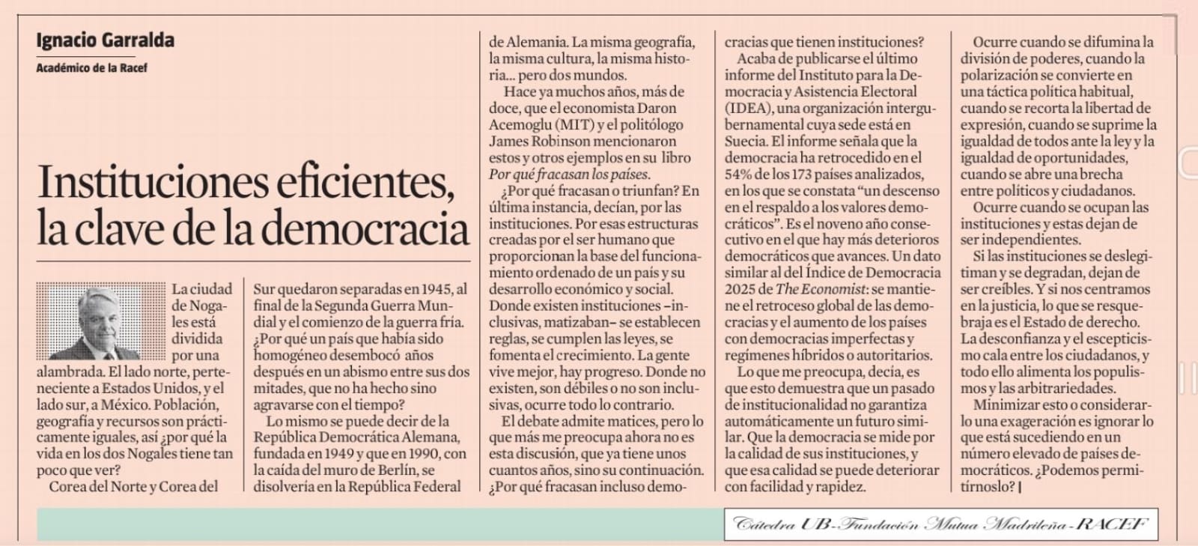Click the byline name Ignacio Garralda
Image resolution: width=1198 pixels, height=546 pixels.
(x=105, y=40)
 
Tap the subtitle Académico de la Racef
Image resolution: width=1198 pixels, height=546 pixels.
(x=91, y=68)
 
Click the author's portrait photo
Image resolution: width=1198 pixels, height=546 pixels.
(x=101, y=321)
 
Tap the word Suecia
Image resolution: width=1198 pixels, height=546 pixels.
(x=744, y=141)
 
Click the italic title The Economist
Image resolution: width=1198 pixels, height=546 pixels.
(x=820, y=289)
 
